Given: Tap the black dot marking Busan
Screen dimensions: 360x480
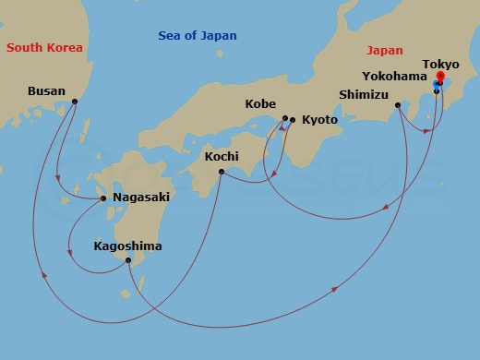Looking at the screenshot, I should pyautogui.click(x=75, y=102).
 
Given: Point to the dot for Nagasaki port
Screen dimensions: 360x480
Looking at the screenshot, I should pyautogui.click(x=103, y=198).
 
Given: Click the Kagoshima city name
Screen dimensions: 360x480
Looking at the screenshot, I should pyautogui.click(x=127, y=246).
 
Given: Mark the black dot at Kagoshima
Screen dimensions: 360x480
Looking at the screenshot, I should pyautogui.click(x=127, y=260).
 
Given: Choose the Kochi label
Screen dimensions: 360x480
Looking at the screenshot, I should pyautogui.click(x=222, y=157).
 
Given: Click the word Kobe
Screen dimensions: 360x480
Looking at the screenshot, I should pyautogui.click(x=260, y=103).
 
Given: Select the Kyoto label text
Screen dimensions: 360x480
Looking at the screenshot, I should pyautogui.click(x=319, y=120).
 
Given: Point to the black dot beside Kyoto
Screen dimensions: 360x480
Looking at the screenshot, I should pyautogui.click(x=293, y=120).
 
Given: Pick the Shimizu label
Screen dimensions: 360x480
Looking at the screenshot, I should pyautogui.click(x=363, y=94).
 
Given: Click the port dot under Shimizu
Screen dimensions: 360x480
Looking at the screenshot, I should pyautogui.click(x=398, y=105).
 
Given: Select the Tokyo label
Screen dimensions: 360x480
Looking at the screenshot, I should pyautogui.click(x=440, y=64).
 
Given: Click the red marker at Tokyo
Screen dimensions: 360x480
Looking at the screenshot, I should pyautogui.click(x=440, y=77).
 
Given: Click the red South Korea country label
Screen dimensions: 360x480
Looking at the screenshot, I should pyautogui.click(x=44, y=47).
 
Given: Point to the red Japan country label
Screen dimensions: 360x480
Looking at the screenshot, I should pyautogui.click(x=385, y=51).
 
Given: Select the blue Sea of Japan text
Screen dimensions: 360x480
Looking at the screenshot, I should pyautogui.click(x=198, y=36).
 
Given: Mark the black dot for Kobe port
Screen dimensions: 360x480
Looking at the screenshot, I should pyautogui.click(x=284, y=118).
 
